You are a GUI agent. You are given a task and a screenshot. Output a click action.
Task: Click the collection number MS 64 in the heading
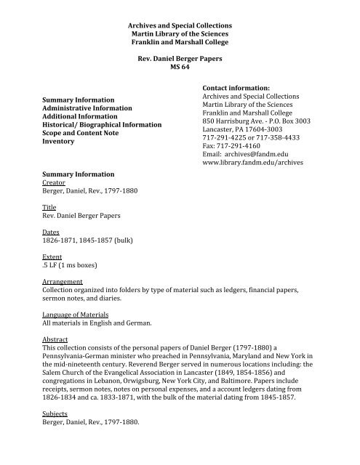180,66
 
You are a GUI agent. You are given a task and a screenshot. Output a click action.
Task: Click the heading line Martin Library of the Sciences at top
179,33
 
